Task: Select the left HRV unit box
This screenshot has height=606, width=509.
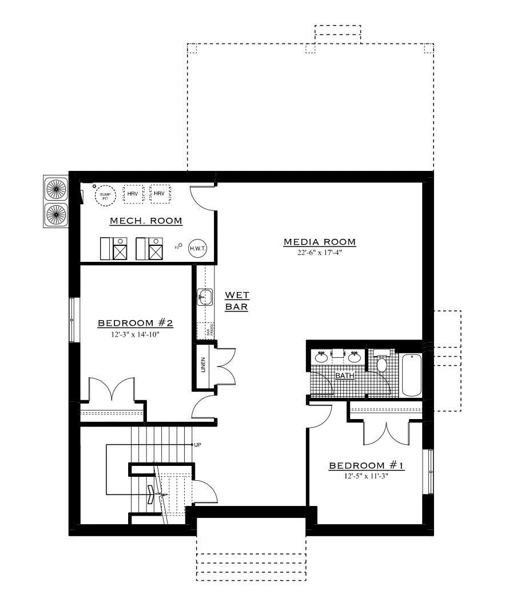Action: point(133,194)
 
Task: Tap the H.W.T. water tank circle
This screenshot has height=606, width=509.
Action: point(198,248)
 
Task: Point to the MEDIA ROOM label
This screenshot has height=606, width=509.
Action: point(320,242)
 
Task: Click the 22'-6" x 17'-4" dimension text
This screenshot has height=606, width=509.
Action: point(320,253)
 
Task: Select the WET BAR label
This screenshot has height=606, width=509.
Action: point(236,301)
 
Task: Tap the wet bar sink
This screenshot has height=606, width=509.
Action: point(205,297)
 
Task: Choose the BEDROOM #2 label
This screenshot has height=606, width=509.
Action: point(136,324)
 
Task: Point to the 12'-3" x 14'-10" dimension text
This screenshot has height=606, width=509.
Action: point(136,334)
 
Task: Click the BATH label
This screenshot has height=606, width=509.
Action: point(344,376)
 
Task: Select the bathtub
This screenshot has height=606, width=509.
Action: point(411,375)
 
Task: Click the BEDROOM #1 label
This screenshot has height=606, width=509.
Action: point(367,466)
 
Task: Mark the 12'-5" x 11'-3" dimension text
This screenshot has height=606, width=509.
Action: point(367,476)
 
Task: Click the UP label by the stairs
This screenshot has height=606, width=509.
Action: point(197,444)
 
